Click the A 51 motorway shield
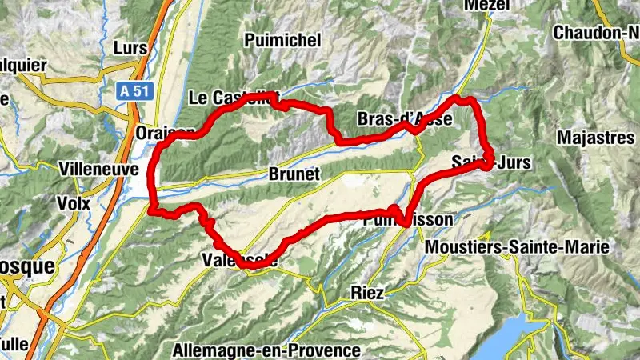tap(137, 92)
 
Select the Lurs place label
tap(131, 48)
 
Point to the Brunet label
tap(294, 174)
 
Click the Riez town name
tap(367, 293)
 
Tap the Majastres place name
tap(595, 137)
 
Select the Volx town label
tap(73, 202)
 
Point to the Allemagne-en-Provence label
tap(266, 350)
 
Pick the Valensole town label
tap(240, 260)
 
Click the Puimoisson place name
tap(408, 218)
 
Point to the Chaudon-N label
tap(597, 33)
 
